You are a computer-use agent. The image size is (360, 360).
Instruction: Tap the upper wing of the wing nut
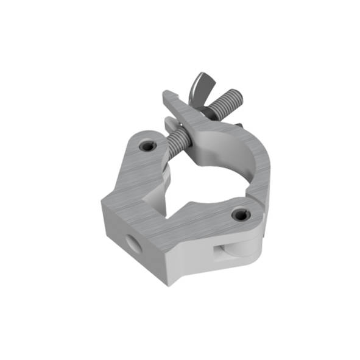tap(200, 82)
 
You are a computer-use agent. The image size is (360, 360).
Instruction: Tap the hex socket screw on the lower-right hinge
tap(239, 214)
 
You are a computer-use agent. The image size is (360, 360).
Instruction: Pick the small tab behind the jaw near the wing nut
tap(239, 125)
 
